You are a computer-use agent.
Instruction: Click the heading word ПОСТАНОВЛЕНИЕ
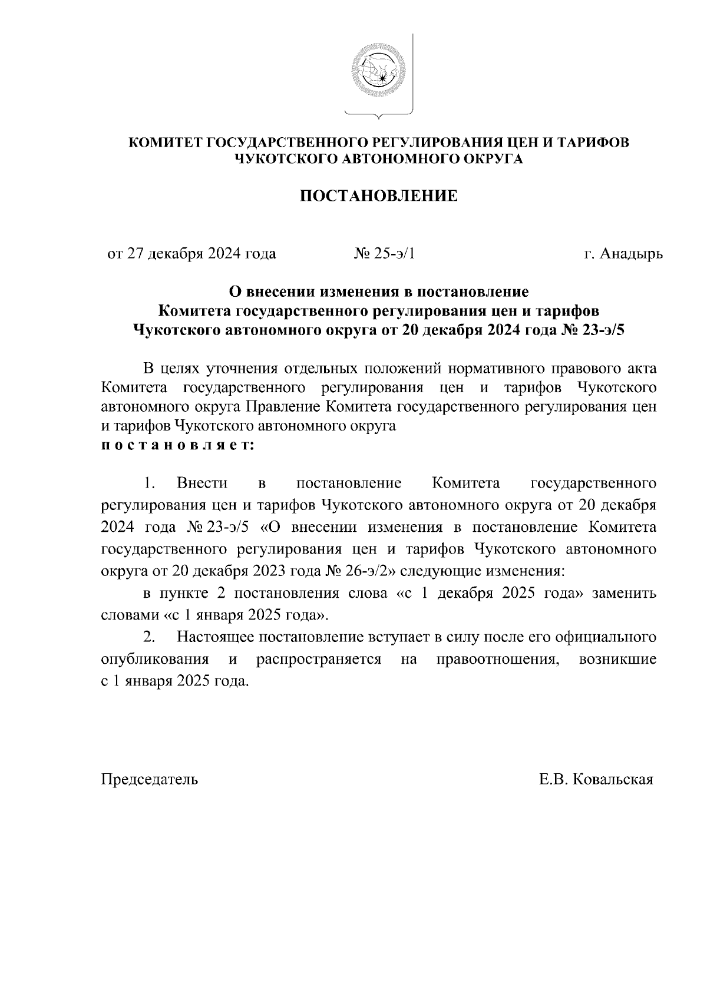click(379, 196)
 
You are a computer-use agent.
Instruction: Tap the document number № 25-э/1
click(385, 254)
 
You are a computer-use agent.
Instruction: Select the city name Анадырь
click(631, 254)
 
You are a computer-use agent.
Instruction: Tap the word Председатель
click(150, 779)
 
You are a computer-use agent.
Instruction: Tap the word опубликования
click(155, 659)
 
